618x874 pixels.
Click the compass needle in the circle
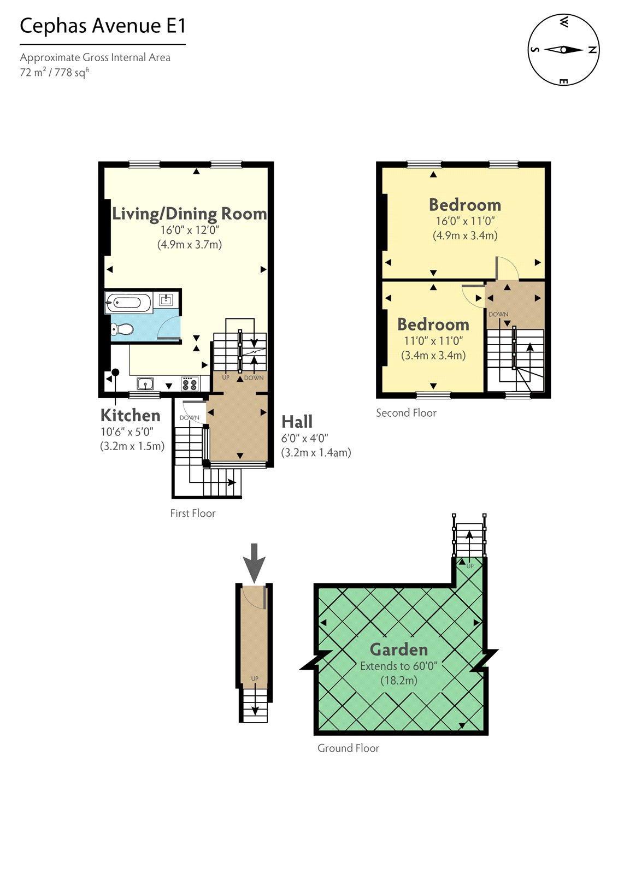[x=563, y=50]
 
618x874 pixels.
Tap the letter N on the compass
[x=592, y=50]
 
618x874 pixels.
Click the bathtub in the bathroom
[x=129, y=302]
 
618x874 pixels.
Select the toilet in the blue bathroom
[x=122, y=329]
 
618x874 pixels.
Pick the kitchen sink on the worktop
[x=145, y=383]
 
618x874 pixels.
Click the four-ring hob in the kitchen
[x=189, y=384]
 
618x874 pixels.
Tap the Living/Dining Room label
[x=189, y=214]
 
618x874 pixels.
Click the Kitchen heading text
[x=130, y=415]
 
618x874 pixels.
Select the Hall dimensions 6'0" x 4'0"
[x=304, y=438]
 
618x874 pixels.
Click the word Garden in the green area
[x=398, y=649]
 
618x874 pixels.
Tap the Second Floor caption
[x=406, y=413]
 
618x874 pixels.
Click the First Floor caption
[x=192, y=513]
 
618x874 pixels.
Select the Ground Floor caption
[x=348, y=748]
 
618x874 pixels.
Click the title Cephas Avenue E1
[x=103, y=26]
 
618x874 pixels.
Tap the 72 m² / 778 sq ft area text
[x=54, y=72]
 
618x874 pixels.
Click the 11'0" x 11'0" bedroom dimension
[x=433, y=341]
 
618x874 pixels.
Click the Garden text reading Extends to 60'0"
[x=399, y=666]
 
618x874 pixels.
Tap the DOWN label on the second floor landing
[x=498, y=314]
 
